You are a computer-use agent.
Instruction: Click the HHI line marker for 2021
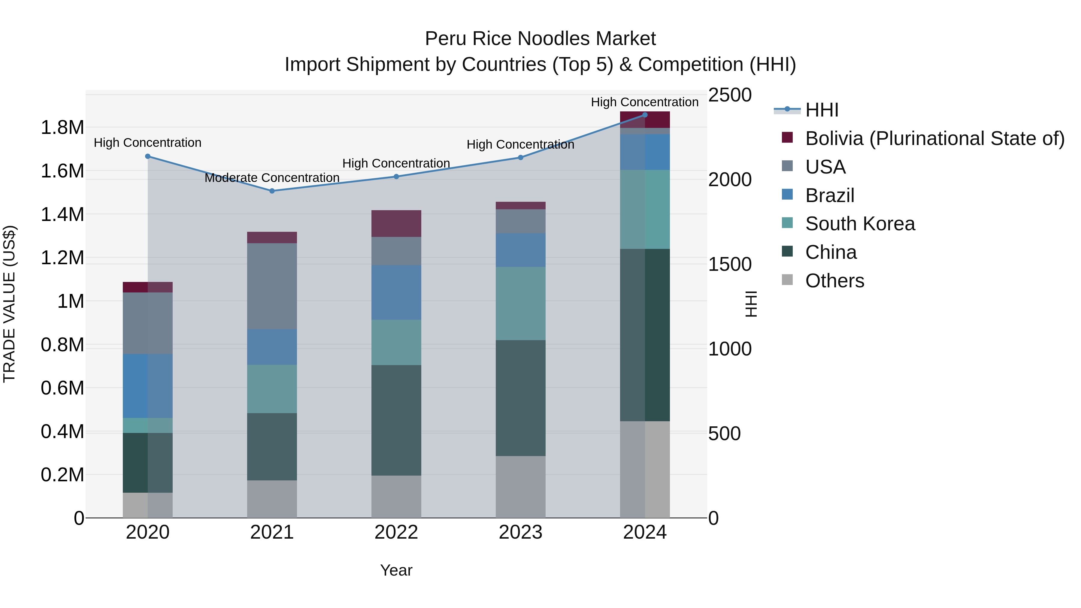point(272,191)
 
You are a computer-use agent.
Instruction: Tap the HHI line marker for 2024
point(645,115)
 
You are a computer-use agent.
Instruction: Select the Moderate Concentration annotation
point(272,178)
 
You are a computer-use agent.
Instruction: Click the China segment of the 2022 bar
point(396,420)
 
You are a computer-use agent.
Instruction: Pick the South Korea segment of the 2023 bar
point(520,303)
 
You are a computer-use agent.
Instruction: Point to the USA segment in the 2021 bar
point(272,286)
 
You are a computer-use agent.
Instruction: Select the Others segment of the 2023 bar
point(520,487)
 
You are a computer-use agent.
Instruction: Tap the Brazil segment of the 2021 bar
point(272,347)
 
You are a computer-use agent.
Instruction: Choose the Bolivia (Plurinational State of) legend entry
point(934,138)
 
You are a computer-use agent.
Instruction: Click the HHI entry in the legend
point(822,110)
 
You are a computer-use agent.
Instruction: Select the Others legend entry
point(834,281)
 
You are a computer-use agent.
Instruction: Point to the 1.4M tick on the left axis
point(62,214)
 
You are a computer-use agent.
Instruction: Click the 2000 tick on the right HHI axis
point(730,180)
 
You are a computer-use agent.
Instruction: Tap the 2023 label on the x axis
point(520,532)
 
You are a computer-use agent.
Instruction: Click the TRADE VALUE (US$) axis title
point(10,304)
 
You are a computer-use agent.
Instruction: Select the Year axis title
point(396,570)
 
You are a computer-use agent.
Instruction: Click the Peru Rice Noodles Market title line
point(540,39)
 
